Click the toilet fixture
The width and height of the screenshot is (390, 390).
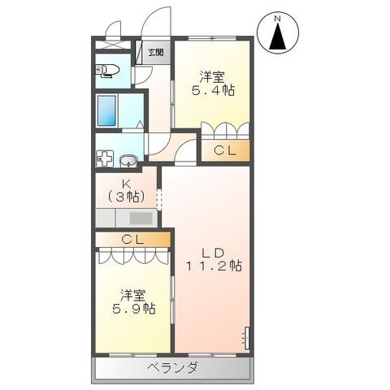[x=107, y=71]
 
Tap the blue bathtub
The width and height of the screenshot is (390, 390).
[x=106, y=110]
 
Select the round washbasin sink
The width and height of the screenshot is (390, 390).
[x=128, y=161]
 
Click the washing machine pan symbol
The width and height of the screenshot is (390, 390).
[x=105, y=159]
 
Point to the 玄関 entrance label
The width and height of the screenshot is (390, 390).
[x=156, y=52]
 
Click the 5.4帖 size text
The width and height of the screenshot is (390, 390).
[x=213, y=90]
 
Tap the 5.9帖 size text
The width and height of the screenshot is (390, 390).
[x=134, y=308]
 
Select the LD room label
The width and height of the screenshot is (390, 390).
[x=213, y=253]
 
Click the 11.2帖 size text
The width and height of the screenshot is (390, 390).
[x=214, y=266]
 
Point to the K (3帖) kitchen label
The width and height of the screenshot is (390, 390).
[x=126, y=191]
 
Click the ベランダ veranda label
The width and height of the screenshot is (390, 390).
[x=172, y=368]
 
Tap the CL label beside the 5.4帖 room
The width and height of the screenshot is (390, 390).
[x=225, y=150]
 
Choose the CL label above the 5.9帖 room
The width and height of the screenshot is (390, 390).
[x=132, y=240]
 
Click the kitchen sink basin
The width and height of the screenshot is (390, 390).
[x=141, y=219]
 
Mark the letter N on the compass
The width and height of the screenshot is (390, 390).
[x=277, y=19]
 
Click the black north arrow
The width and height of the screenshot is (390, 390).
[x=278, y=37]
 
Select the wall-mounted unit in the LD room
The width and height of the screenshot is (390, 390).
[x=247, y=338]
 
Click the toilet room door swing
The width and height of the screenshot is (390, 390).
[x=143, y=76]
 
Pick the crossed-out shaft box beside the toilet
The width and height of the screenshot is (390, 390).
[x=113, y=45]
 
